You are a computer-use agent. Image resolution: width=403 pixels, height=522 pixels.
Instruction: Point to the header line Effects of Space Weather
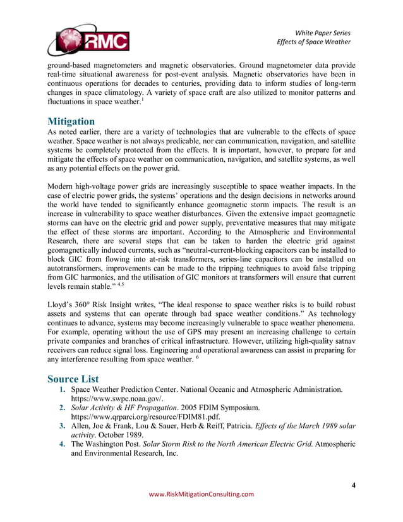314,42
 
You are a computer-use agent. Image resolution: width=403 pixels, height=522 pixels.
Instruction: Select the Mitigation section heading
71,121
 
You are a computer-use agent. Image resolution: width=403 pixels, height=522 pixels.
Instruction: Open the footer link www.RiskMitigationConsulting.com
200,494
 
